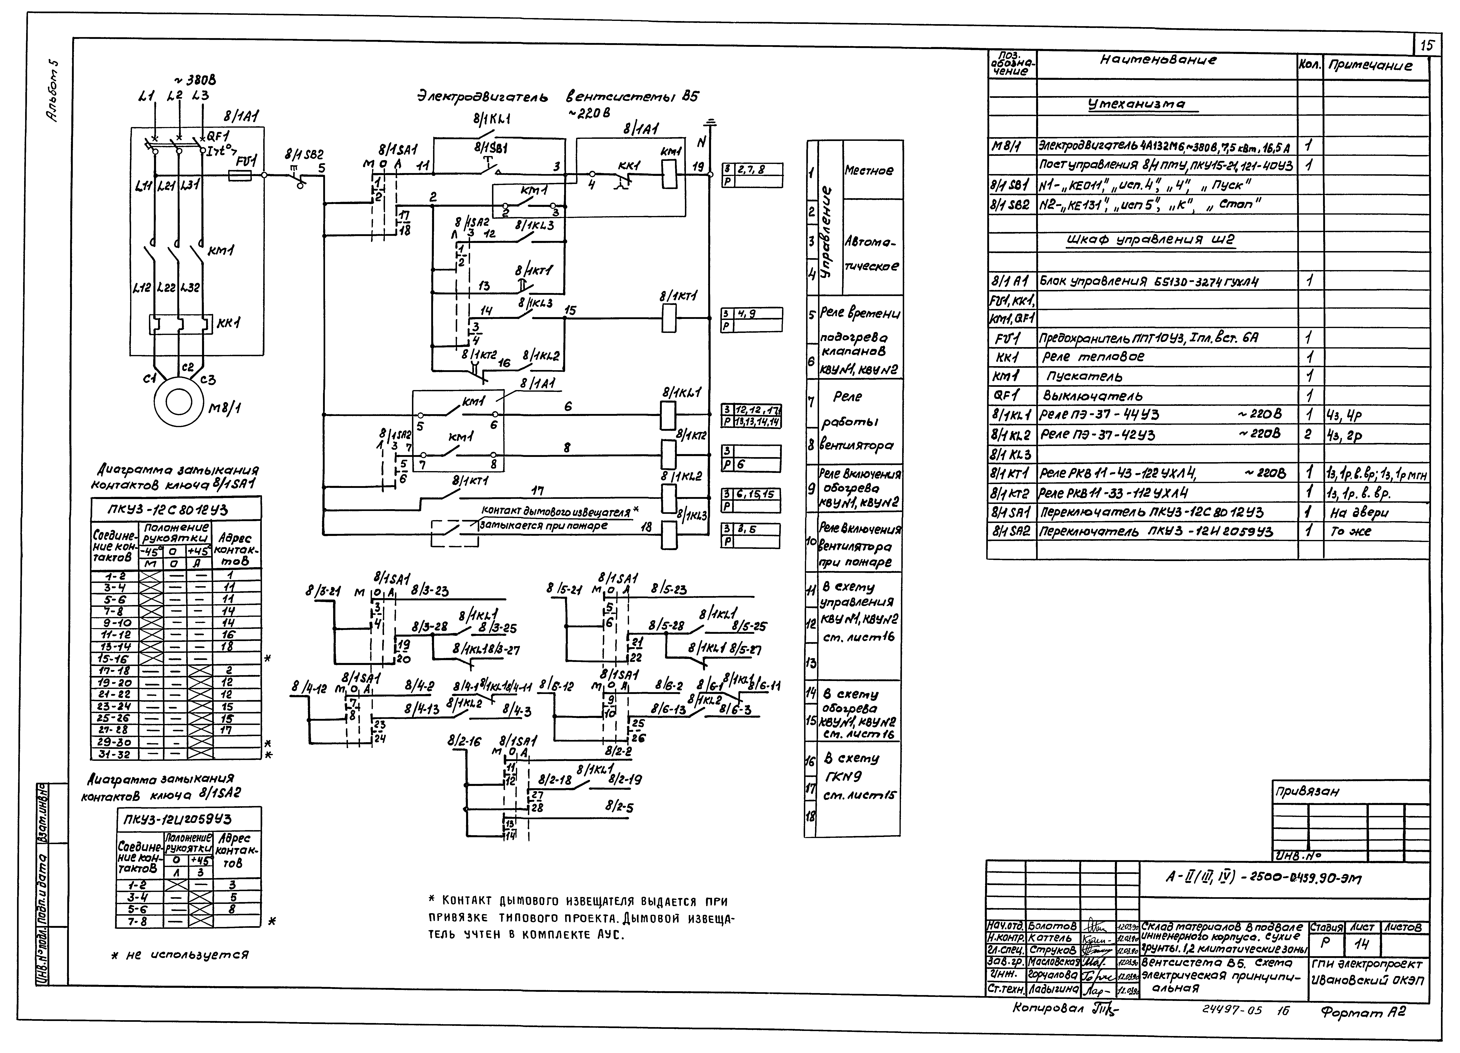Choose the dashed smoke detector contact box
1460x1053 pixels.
pos(455,533)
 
